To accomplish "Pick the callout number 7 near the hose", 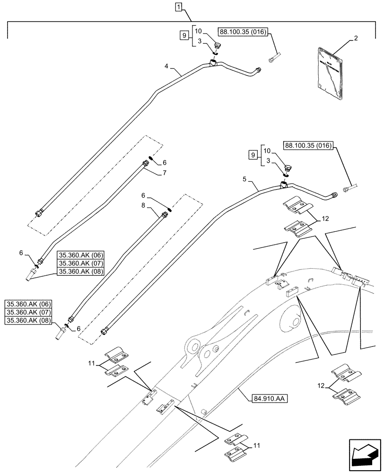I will coord(164,174).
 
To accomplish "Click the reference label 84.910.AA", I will coord(264,398).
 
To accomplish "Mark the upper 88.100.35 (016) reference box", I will coord(243,32).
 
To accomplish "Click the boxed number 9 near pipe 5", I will coord(253,155).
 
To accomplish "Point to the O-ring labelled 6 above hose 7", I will coord(150,158).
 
